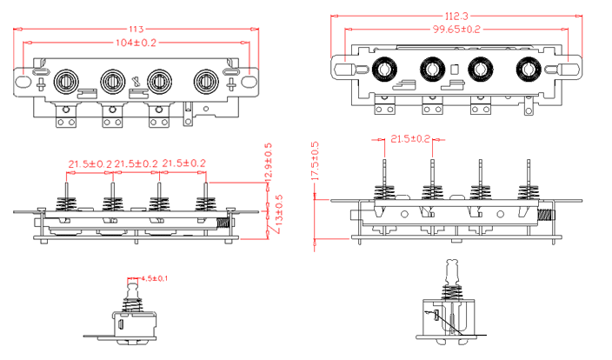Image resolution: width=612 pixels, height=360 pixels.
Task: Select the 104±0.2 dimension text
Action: click(136, 42)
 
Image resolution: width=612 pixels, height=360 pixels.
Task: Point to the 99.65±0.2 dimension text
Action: click(456, 29)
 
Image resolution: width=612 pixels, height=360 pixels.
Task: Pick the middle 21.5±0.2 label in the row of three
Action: click(136, 163)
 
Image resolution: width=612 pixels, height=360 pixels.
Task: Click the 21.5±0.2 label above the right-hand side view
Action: click(410, 139)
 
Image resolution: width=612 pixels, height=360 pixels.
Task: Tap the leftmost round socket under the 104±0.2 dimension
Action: click(66, 82)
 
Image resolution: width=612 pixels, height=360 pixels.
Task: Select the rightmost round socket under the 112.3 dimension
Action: click(527, 70)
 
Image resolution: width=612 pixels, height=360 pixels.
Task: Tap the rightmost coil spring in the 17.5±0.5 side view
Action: click(528, 192)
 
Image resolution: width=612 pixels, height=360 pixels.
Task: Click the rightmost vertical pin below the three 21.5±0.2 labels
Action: click(205, 184)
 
